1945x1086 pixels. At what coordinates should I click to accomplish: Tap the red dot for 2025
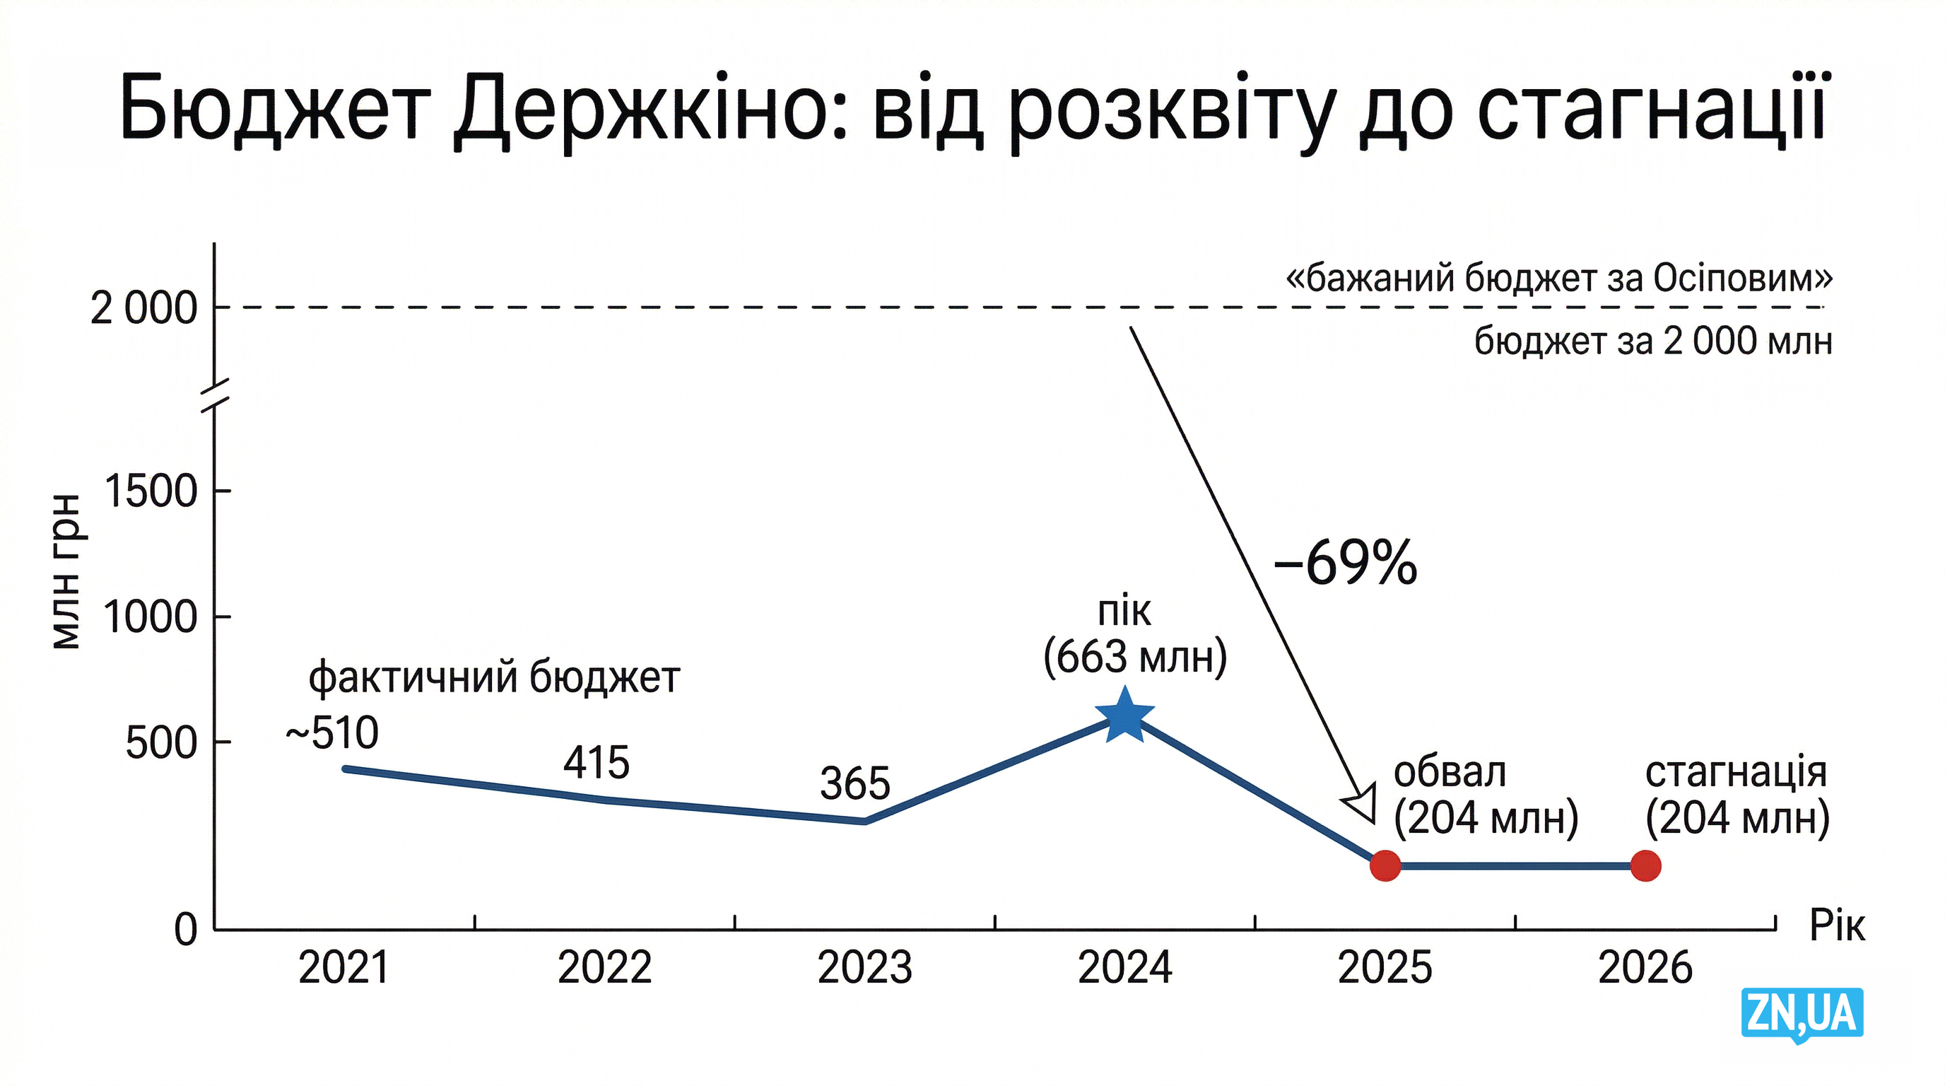(1385, 865)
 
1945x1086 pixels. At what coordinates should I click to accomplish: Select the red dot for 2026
(1645, 865)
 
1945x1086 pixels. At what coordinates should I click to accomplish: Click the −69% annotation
(1345, 564)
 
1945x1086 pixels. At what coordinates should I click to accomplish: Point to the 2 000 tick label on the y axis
(143, 308)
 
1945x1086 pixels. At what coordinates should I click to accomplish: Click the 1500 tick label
(151, 491)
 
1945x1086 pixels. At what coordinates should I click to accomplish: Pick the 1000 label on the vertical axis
(150, 617)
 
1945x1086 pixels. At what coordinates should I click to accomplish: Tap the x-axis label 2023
(864, 967)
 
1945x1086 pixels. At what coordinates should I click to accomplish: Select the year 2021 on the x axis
(343, 967)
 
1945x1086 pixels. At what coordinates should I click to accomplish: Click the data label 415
(596, 763)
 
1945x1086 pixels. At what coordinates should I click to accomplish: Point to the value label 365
(854, 784)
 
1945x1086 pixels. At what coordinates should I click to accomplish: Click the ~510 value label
(332, 732)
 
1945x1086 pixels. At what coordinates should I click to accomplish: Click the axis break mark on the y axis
(214, 397)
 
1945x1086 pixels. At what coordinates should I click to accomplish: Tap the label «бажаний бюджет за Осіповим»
(1558, 278)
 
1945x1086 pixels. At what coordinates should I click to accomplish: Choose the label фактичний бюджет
(495, 677)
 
